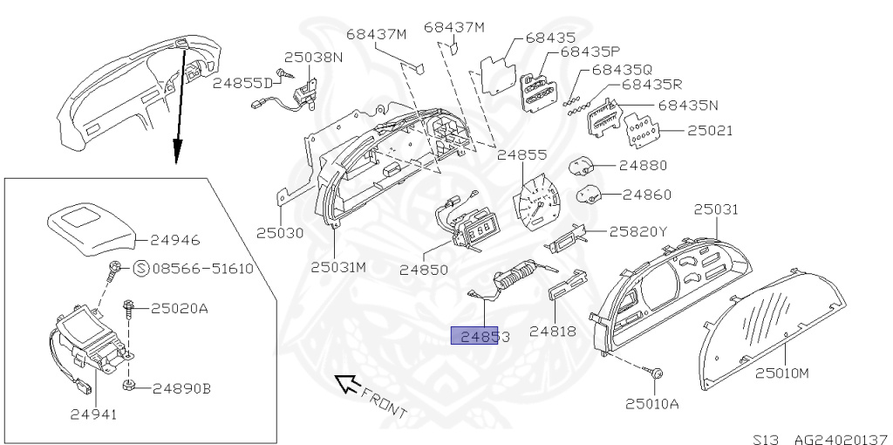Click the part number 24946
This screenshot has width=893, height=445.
[x=174, y=238]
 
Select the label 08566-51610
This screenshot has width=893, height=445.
[x=203, y=269]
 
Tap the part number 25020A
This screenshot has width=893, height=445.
[x=181, y=308]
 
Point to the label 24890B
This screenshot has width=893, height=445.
[x=181, y=388]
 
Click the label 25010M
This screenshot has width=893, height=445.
[x=782, y=373]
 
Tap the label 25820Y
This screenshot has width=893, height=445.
[x=637, y=232]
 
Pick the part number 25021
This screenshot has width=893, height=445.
[x=710, y=132]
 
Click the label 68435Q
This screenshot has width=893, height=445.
[x=622, y=69]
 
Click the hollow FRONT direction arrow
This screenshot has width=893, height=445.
[x=348, y=382]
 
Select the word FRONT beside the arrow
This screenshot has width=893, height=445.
[x=384, y=401]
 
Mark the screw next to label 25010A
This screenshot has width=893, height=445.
[x=656, y=373]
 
